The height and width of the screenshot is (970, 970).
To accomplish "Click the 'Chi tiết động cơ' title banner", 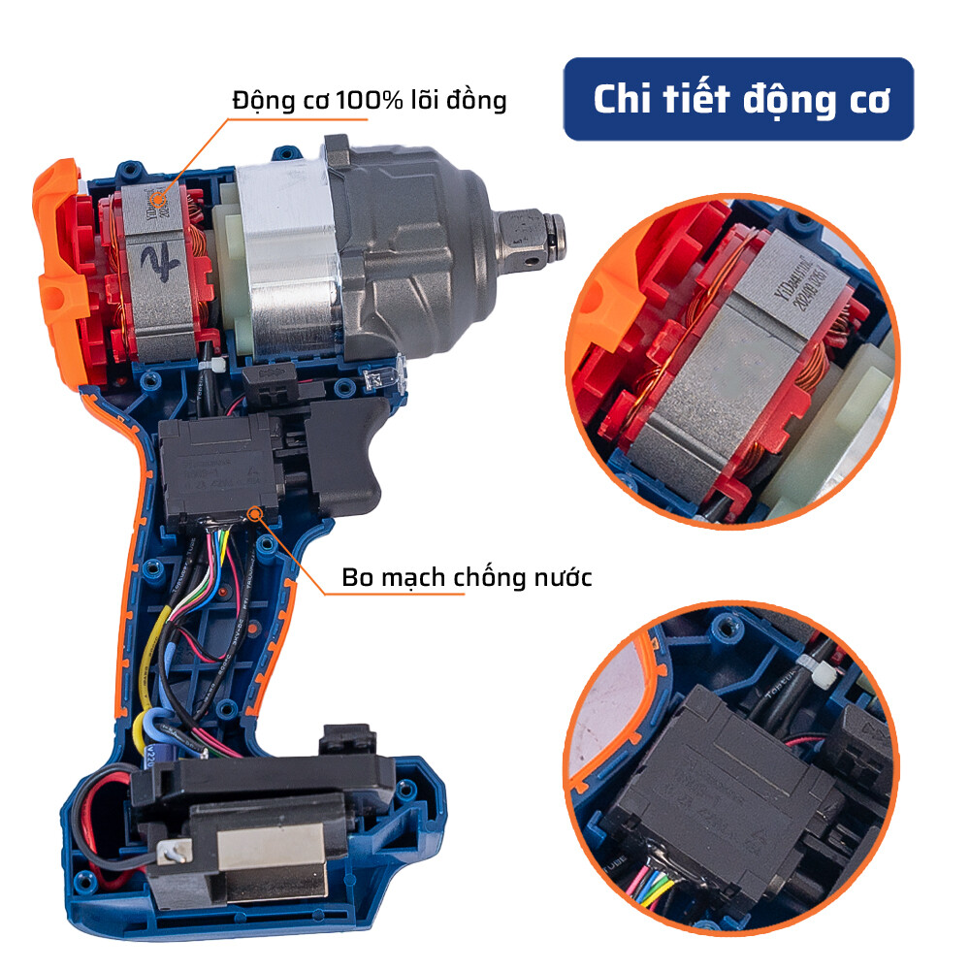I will click(739, 100).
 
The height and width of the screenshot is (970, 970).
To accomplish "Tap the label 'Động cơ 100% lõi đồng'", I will click(369, 100).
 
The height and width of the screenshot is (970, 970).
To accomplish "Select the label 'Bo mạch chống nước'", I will click(467, 577).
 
